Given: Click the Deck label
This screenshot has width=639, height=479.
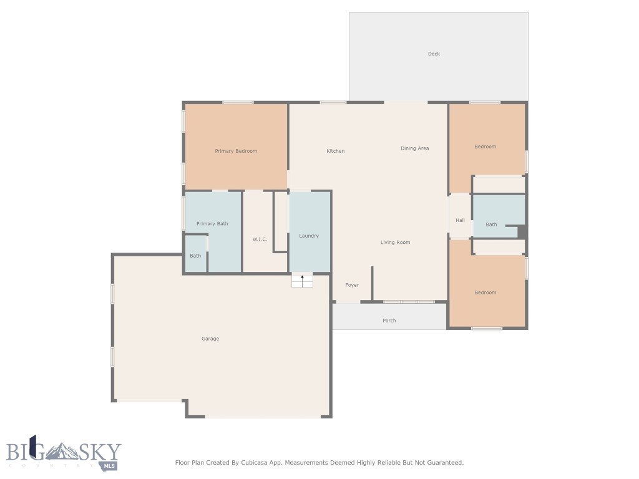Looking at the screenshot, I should (434, 54).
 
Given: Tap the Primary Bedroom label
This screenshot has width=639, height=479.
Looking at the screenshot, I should (236, 151).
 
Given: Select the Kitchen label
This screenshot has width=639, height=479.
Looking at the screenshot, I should (335, 151).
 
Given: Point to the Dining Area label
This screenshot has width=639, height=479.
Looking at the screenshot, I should (414, 148).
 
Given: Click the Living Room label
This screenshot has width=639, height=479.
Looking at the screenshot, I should (395, 242).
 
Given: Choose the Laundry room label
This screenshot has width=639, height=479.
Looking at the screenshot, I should (309, 236).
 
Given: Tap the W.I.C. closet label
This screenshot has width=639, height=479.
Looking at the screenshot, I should (260, 239).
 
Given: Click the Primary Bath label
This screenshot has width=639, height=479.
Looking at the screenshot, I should (212, 224).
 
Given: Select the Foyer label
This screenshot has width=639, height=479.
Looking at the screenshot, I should (352, 285).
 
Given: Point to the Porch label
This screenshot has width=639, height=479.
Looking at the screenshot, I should (389, 321).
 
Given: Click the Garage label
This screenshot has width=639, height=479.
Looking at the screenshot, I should (210, 339).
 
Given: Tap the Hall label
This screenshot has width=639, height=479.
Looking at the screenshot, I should (460, 220).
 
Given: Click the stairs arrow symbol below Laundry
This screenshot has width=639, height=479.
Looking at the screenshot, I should (303, 281).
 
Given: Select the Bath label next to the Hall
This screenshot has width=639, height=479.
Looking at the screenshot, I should (491, 225).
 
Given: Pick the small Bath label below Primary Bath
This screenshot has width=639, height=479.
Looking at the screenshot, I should (195, 256).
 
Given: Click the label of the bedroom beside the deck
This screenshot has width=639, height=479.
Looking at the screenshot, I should (485, 147).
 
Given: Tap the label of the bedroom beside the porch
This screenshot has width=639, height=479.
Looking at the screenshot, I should (485, 293).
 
